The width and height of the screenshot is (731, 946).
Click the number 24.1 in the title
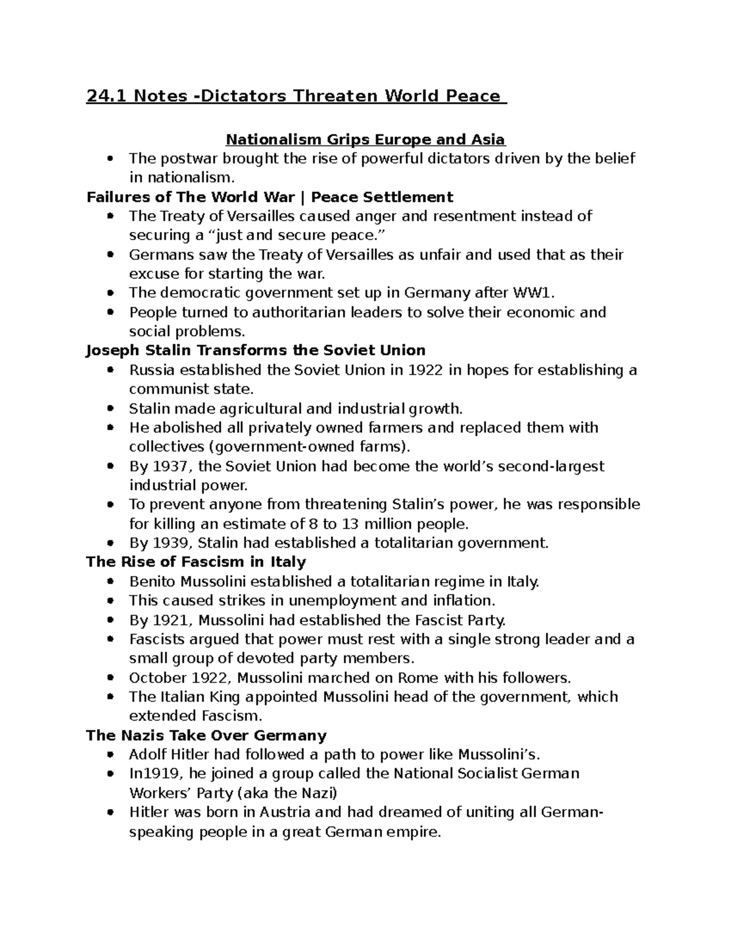coord(107,96)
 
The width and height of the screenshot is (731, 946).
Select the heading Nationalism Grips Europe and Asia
coord(365,139)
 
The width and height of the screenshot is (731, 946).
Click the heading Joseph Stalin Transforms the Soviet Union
coord(256,350)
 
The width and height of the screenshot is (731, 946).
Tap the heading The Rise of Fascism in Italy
coord(196,562)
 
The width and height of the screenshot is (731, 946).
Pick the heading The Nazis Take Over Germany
coord(207,735)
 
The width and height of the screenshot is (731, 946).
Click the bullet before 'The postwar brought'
coord(110,159)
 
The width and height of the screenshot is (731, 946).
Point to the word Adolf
coord(146,755)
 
